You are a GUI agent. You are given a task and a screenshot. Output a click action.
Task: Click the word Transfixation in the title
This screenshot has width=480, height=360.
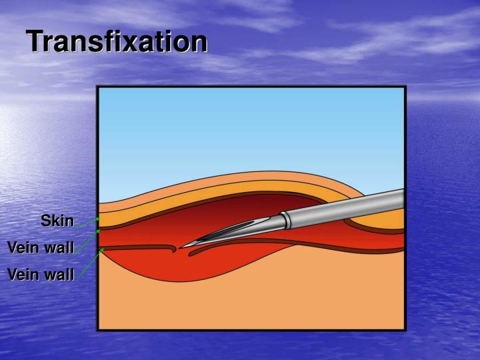click(117, 42)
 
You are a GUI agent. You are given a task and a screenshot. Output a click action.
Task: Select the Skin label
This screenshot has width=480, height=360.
click(57, 221)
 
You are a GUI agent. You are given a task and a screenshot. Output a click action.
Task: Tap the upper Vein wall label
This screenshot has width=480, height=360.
click(41, 248)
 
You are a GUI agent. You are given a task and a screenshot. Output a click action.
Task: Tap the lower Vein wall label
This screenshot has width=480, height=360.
click(41, 274)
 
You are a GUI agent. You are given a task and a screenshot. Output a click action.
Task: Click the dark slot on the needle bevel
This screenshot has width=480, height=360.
click(227, 231)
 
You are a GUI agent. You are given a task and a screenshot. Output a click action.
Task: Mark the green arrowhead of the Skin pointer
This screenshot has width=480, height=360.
click(98, 218)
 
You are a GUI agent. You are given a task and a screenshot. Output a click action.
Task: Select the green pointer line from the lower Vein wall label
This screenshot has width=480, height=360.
click(90, 261)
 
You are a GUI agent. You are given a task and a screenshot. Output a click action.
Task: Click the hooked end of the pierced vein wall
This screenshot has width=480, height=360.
click(174, 249)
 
